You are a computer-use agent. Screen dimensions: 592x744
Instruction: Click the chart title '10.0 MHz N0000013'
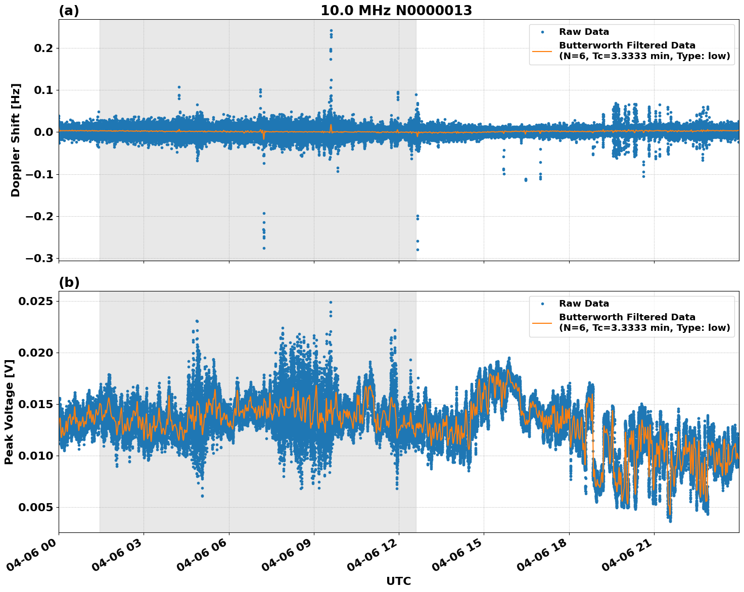click(396, 11)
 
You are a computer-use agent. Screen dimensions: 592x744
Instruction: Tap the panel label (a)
click(69, 11)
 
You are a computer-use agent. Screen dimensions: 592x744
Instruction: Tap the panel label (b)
click(69, 282)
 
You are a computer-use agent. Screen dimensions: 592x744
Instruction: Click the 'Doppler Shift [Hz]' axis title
click(16, 140)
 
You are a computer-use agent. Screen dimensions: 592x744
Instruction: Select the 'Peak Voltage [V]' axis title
click(9, 412)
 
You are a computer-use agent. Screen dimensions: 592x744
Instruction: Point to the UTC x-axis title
click(398, 581)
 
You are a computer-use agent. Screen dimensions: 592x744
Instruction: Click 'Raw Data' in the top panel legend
click(584, 32)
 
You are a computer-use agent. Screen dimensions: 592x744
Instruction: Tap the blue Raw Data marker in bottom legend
click(542, 304)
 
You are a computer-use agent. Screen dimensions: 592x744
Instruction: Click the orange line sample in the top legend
click(542, 51)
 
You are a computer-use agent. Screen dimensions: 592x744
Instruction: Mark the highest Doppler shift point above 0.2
click(331, 30)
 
